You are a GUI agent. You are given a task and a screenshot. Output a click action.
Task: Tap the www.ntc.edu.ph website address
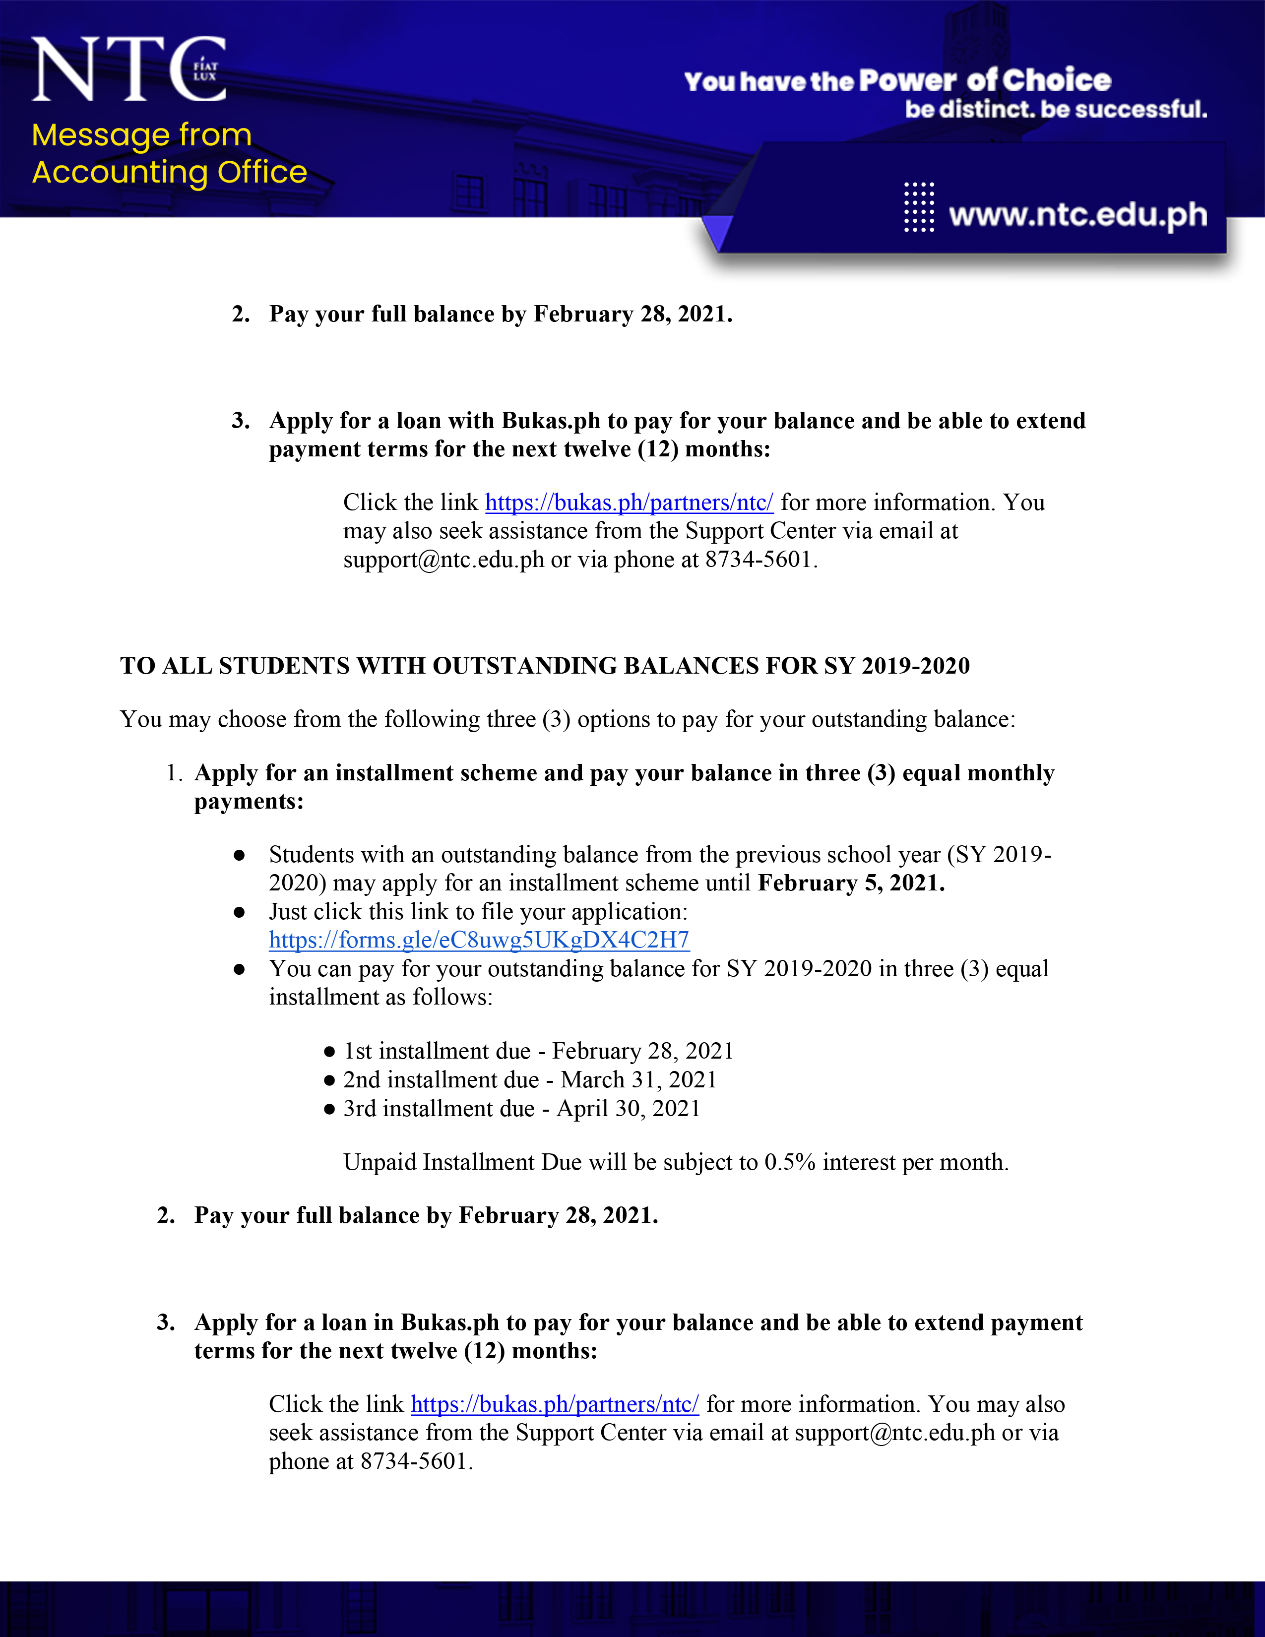[x=1077, y=215]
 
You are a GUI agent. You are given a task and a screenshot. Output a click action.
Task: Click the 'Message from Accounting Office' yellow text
[x=169, y=154]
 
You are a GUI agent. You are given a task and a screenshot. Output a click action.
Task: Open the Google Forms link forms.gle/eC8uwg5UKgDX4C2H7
[x=479, y=940]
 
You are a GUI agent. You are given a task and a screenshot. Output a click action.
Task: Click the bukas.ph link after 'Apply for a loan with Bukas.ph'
[x=629, y=502]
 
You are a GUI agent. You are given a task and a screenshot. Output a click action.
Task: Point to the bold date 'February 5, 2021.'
[x=851, y=883]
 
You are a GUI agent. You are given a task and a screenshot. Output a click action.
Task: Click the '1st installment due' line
[x=538, y=1051]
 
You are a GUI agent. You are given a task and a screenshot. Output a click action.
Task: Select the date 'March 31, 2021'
[x=638, y=1079]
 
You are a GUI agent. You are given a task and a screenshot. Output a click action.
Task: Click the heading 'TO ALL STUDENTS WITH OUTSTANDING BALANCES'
[x=545, y=666]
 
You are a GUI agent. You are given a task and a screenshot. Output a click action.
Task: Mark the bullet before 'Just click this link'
[x=239, y=912]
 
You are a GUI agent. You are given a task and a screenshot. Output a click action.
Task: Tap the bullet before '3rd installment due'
[x=329, y=1109]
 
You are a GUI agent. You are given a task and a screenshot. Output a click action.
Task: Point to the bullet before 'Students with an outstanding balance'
[x=239, y=855]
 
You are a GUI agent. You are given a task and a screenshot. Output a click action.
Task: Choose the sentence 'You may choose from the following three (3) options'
[x=568, y=720]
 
